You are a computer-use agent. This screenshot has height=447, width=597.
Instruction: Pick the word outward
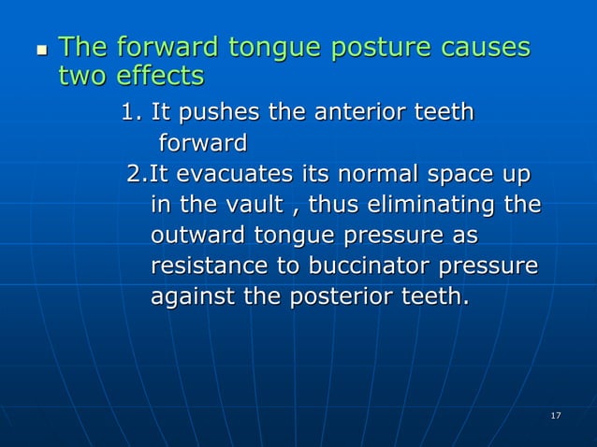194,236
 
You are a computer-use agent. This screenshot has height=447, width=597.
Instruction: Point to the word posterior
364,297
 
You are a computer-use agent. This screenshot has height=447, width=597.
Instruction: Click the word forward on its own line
203,144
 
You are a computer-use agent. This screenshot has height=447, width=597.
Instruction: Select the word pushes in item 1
217,114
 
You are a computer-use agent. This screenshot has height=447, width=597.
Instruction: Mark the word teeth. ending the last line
443,297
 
